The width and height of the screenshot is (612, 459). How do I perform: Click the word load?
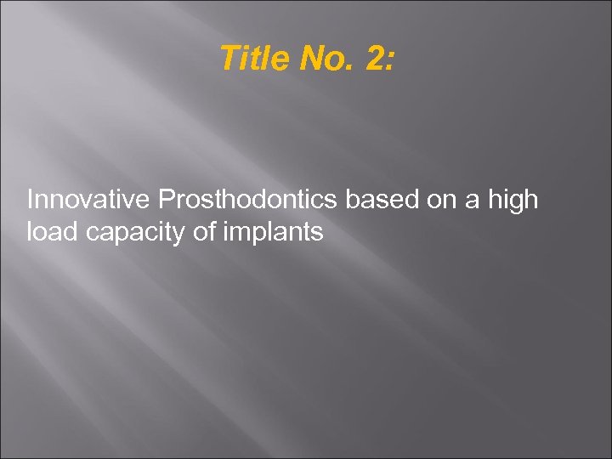point(53,230)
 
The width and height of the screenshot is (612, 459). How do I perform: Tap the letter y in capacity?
point(183,234)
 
